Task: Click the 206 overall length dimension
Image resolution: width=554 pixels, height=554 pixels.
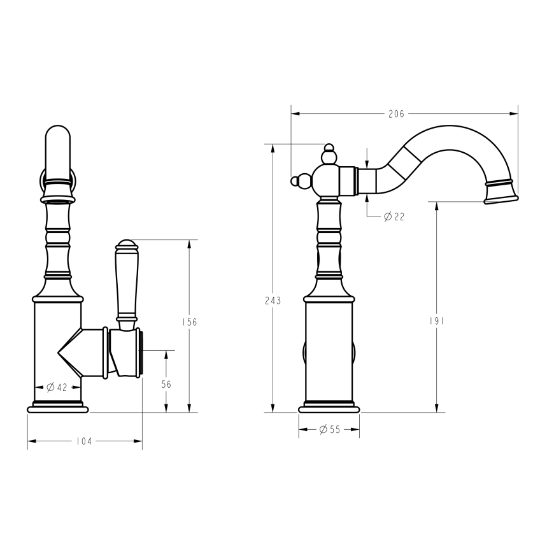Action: (396, 114)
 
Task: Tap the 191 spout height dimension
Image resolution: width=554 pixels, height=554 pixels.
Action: (437, 321)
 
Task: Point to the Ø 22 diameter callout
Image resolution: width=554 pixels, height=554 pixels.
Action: (394, 217)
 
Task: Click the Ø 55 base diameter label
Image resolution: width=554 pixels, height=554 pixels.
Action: (329, 430)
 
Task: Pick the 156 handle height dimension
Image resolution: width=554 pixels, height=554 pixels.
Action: (189, 322)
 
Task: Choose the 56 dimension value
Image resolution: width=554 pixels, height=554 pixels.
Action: (166, 384)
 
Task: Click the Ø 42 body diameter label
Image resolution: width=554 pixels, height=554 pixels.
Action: (57, 387)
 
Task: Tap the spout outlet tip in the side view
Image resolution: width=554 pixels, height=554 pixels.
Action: (501, 199)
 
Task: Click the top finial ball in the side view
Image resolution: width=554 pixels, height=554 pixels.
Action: (329, 149)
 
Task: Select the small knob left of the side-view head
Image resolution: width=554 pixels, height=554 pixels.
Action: (295, 181)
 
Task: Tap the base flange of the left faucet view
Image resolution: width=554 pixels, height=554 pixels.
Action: (57, 408)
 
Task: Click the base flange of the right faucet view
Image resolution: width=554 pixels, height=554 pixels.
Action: (329, 408)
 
